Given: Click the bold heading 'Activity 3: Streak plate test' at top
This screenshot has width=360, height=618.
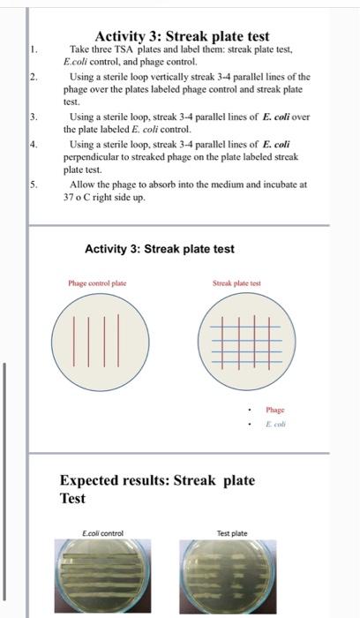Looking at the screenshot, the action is (182, 36).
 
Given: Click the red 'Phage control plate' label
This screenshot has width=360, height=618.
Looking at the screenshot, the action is (97, 283).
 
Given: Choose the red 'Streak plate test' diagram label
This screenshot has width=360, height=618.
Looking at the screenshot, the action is (236, 283).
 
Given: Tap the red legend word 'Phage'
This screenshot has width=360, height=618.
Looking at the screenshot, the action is (275, 410).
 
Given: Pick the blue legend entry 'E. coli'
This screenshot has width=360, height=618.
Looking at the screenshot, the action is (276, 425).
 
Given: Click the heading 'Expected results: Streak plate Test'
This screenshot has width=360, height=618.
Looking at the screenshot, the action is (157, 489).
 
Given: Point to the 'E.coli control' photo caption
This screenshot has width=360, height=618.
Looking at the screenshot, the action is (102, 533).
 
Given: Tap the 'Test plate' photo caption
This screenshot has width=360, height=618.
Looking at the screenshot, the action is (232, 533).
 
